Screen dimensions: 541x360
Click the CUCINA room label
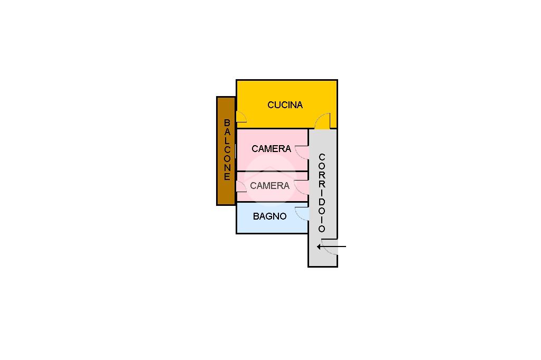(x=285, y=105)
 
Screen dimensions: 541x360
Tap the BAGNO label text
(x=269, y=216)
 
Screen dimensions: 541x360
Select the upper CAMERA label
(x=271, y=149)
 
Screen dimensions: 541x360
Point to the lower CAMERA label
(x=269, y=186)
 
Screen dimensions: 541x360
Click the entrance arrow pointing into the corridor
(x=331, y=247)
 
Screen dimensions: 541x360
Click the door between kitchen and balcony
(x=240, y=117)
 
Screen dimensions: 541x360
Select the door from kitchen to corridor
(x=322, y=122)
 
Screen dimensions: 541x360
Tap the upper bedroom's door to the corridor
(x=302, y=152)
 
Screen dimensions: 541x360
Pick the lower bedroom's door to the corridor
(x=302, y=187)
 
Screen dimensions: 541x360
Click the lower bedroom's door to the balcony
(x=240, y=186)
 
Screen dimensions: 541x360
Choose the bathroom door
(x=302, y=213)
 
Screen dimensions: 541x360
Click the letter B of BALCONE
(x=227, y=123)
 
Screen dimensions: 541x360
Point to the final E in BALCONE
(x=227, y=177)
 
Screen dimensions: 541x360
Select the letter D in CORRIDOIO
(x=322, y=201)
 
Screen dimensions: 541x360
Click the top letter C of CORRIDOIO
(x=322, y=157)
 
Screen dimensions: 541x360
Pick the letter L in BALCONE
(x=227, y=140)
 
